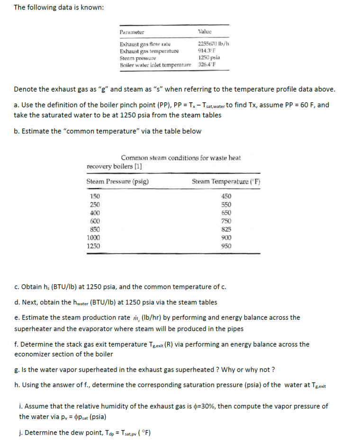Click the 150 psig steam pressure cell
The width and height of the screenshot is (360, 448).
95,196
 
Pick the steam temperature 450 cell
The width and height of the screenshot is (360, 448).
226,196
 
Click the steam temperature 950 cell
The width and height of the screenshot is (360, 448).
226,246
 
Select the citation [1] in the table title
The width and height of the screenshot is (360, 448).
138,166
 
